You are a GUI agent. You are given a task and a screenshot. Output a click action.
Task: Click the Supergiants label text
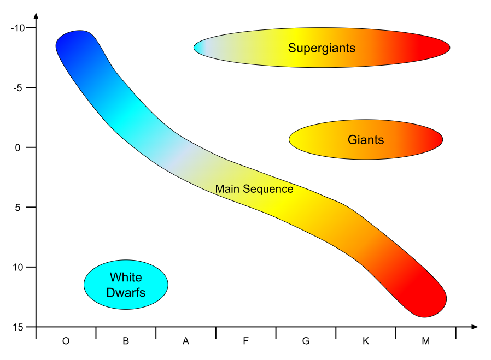tap(322, 48)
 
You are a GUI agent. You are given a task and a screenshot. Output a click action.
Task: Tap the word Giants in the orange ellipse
tap(366, 140)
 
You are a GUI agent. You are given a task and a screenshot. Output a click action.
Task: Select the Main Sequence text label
tap(254, 189)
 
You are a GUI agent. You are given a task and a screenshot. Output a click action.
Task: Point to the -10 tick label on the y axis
tap(18, 28)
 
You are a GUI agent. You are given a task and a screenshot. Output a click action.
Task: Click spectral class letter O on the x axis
tap(66, 341)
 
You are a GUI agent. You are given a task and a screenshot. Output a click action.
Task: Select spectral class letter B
tap(126, 341)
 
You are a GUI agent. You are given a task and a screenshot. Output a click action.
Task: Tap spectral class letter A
tap(186, 341)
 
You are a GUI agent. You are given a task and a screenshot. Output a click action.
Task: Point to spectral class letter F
tap(246, 341)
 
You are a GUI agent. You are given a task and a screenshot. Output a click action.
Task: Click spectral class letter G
tap(306, 341)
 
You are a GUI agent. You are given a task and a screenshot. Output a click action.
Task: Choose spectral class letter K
tap(366, 341)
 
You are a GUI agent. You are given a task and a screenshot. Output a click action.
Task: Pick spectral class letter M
tap(426, 341)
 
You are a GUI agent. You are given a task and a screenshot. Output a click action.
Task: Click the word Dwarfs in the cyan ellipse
tap(126, 293)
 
